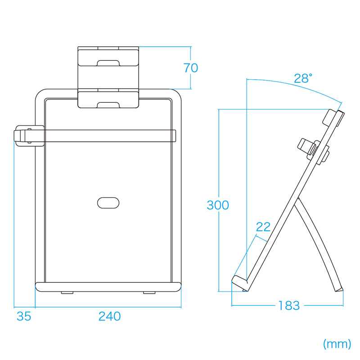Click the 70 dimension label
[191, 68]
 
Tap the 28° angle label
[302, 78]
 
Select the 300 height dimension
[218, 205]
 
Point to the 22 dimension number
[263, 227]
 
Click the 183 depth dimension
[288, 306]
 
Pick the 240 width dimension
[109, 316]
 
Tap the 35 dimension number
[24, 316]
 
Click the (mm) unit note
[337, 344]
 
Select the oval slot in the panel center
[108, 202]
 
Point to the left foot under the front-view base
[67, 293]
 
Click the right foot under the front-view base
[148, 293]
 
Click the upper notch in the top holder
[108, 63]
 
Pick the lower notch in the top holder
[108, 105]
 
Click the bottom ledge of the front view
[108, 287]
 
